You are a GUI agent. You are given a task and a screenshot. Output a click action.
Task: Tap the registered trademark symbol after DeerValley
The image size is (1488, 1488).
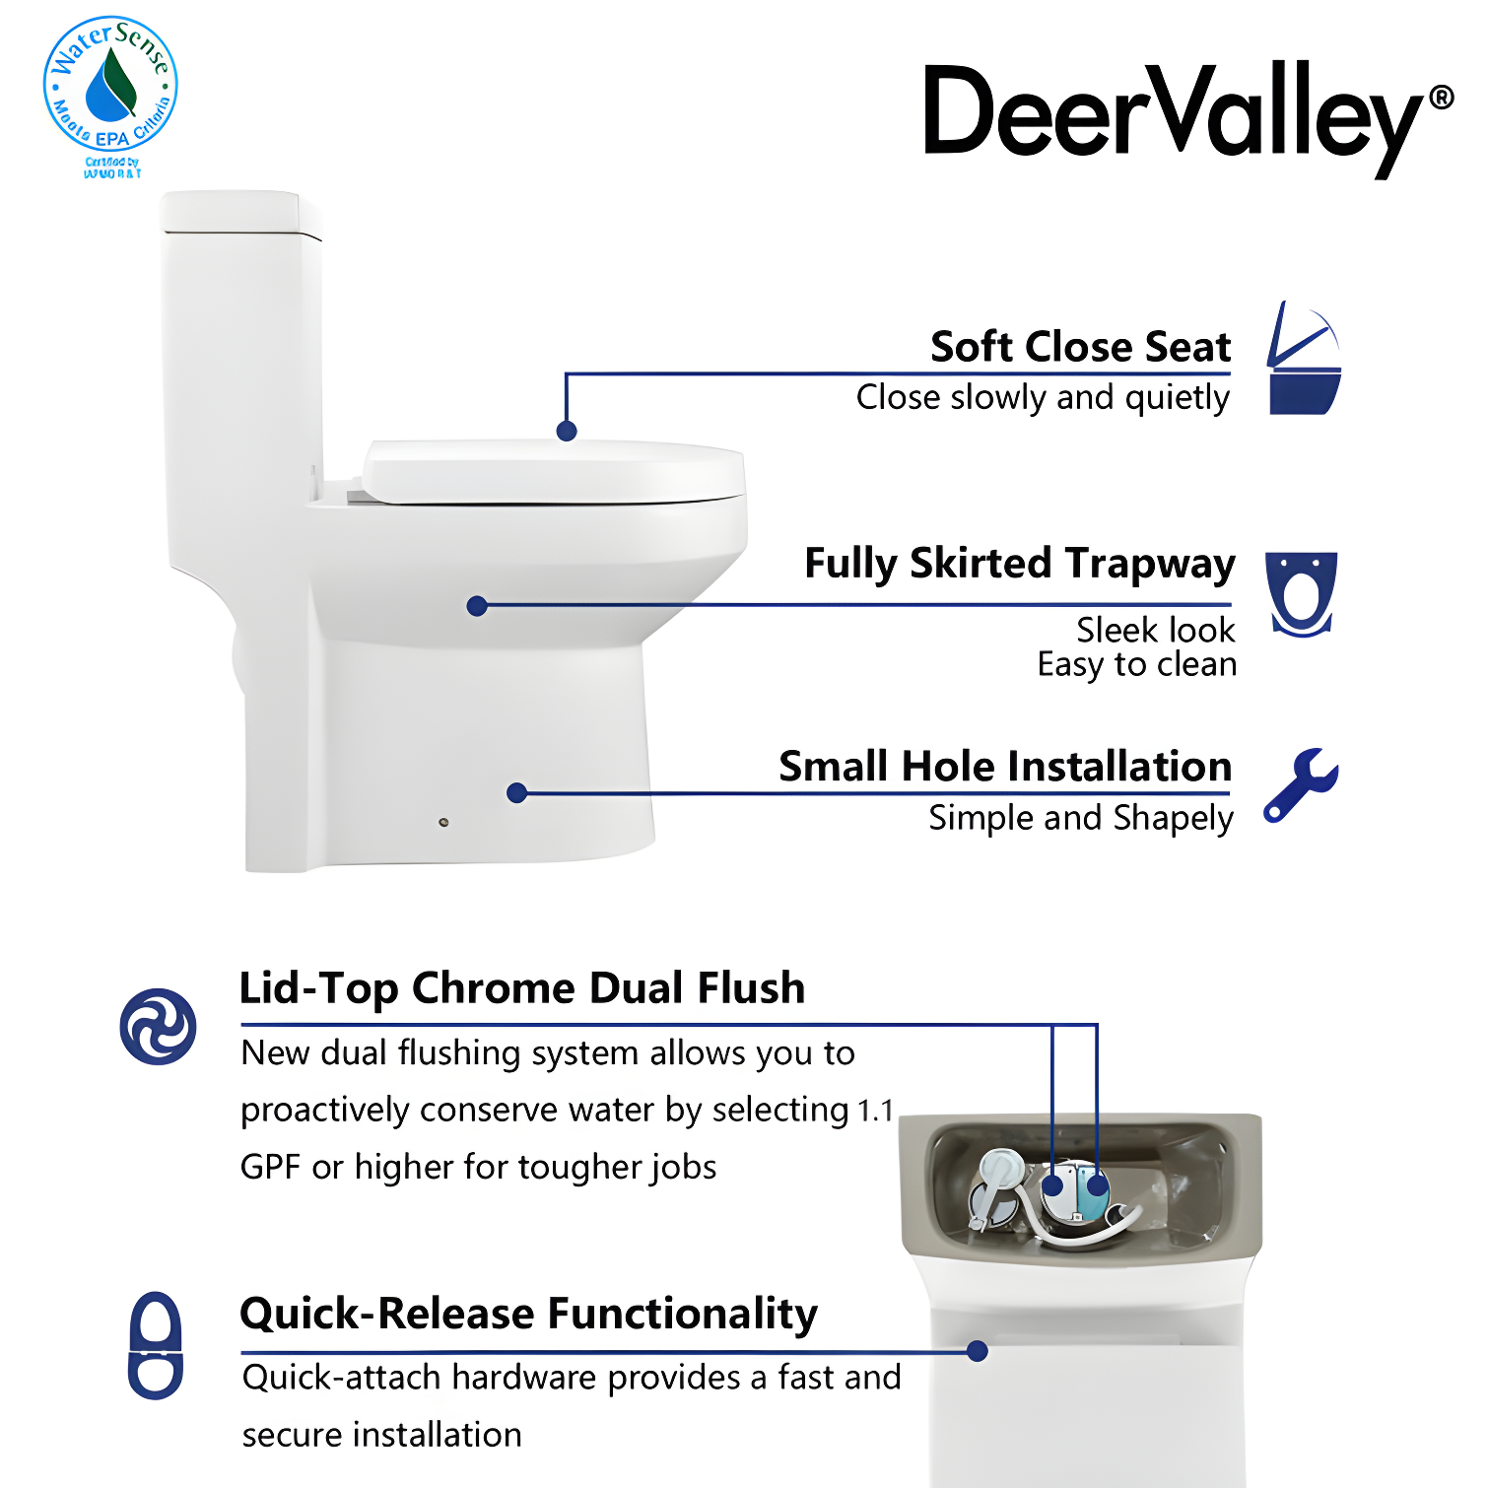1441,97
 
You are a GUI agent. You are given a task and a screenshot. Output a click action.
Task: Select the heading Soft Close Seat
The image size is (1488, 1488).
1080,347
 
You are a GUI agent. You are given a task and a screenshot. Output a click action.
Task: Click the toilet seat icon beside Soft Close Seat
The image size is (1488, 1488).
1304,360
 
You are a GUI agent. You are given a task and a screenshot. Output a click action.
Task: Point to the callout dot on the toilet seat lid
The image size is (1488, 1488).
566,431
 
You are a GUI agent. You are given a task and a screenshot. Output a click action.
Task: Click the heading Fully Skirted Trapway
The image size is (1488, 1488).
1019,564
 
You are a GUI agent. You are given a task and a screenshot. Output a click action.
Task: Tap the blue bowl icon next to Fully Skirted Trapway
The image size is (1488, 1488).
1301,593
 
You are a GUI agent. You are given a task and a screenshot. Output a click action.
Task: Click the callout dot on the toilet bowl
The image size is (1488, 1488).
477,606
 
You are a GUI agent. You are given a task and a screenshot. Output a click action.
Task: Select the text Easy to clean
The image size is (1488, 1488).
1136,665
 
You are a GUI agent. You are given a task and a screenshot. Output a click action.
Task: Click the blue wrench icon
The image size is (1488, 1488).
1300,784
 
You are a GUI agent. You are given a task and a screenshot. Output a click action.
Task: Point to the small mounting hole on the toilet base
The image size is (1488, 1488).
443,822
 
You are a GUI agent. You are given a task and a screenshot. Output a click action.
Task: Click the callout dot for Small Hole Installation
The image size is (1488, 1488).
516,792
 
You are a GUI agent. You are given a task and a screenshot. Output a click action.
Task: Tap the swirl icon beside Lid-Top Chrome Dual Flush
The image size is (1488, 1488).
158,1026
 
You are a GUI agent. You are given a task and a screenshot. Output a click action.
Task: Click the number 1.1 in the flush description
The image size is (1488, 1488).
875,1112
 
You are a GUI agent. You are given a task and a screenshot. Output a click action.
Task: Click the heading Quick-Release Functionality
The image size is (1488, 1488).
528,1314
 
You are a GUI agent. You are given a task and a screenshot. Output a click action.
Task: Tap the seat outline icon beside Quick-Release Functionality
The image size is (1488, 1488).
156,1345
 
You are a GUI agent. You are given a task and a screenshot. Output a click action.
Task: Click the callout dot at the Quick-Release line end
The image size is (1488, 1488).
977,1351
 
